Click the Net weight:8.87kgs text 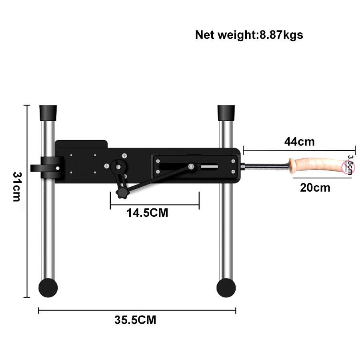point(249,35)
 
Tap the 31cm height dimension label point(17,187)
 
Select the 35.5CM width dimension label point(135,320)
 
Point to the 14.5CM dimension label point(147,213)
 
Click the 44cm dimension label point(299,142)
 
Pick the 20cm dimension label point(315,188)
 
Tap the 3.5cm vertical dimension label point(350,165)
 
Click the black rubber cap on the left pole point(48,113)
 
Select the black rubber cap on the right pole point(226,113)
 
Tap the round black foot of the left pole point(48,288)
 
